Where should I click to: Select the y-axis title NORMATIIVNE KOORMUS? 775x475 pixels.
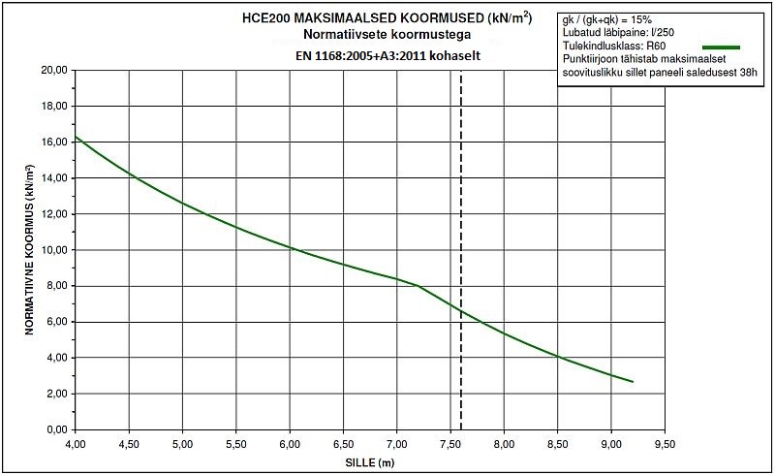(x=30, y=250)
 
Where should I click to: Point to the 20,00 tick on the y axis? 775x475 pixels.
(x=53, y=71)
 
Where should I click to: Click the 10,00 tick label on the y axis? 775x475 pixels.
(x=53, y=250)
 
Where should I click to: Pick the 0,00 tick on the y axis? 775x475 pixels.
(x=56, y=429)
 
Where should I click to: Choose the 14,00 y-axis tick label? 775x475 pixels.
(x=53, y=178)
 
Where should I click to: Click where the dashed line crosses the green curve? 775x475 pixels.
(x=460, y=311)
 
